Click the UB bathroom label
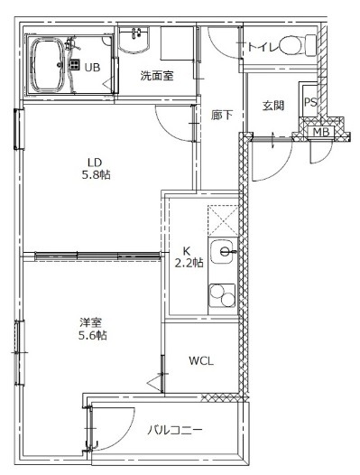[92, 67]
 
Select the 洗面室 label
[157, 76]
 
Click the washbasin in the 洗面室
[134, 40]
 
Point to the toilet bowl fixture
[298, 45]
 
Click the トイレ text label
[263, 47]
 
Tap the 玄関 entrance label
[272, 106]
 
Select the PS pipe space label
[310, 102]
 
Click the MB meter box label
[320, 132]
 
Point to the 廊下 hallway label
[222, 115]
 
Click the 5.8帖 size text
[96, 175]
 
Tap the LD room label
[95, 163]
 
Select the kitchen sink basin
[223, 251]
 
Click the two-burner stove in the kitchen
[223, 295]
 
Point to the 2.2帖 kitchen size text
[189, 263]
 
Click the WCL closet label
[201, 361]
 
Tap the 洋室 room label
[90, 322]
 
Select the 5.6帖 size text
[93, 335]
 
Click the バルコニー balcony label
[175, 430]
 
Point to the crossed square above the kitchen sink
[223, 220]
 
